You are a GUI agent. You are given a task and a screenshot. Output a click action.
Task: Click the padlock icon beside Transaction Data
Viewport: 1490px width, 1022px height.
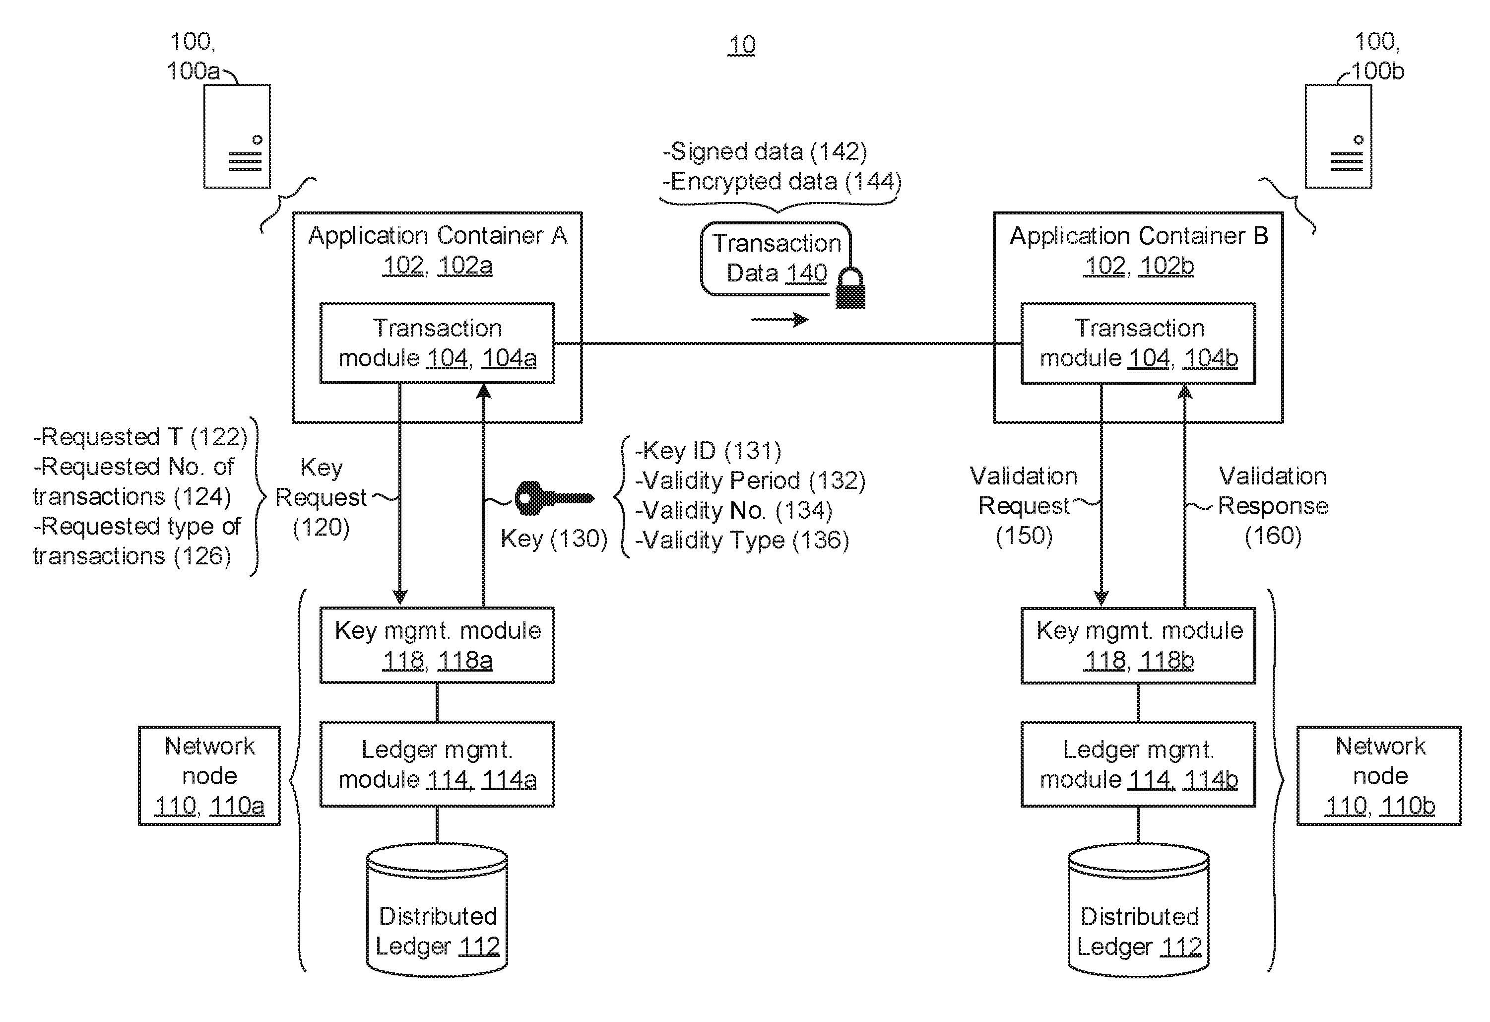850,289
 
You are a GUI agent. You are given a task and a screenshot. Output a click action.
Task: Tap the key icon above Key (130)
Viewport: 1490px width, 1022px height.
553,498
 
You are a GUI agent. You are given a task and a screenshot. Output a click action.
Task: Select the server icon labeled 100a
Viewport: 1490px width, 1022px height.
237,136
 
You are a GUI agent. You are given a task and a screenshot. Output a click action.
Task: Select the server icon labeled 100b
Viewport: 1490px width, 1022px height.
1338,136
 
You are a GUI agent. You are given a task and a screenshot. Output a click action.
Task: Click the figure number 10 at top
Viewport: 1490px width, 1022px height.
741,45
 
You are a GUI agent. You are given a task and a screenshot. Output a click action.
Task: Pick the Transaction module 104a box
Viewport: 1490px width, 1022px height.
437,343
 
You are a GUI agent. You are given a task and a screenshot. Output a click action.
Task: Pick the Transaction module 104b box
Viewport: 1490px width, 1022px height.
1138,343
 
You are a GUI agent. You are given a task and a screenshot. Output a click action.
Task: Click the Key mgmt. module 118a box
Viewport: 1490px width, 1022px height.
437,645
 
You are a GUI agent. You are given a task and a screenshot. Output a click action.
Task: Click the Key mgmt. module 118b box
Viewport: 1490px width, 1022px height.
1138,645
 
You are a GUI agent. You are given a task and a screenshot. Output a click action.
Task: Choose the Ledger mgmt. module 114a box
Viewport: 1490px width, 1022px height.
437,763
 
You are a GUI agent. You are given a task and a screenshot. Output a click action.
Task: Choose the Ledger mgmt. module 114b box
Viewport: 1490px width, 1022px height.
1138,763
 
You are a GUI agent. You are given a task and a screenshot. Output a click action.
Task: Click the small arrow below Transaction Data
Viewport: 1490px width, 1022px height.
779,320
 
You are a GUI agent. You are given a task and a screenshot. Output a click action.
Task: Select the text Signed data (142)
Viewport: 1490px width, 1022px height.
765,151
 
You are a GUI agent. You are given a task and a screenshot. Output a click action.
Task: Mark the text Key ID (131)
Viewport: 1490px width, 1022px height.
708,451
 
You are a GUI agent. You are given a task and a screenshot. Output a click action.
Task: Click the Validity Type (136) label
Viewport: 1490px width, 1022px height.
742,540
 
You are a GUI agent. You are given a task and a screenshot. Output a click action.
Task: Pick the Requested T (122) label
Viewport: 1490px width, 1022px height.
140,437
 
